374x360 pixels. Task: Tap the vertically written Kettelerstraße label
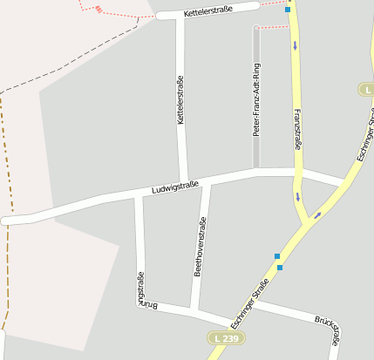click(x=181, y=100)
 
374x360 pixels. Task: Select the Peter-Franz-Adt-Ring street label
click(x=256, y=99)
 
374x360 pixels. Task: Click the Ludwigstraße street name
click(x=174, y=187)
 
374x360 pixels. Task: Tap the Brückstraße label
click(x=328, y=324)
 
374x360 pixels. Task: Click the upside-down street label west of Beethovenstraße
click(x=139, y=289)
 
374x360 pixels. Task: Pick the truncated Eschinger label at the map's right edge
click(x=364, y=135)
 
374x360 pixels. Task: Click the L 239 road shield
click(x=223, y=337)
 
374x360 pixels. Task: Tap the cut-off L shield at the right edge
click(x=366, y=90)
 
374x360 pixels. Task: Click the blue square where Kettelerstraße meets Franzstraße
click(x=288, y=9)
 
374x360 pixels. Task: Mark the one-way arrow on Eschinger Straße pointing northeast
click(x=317, y=214)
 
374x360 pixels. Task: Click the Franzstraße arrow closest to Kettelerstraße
click(x=295, y=44)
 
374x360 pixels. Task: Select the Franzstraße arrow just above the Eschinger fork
click(x=296, y=196)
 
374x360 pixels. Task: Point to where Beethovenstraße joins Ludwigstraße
click(x=206, y=181)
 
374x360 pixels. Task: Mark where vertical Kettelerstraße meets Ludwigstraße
click(x=184, y=184)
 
